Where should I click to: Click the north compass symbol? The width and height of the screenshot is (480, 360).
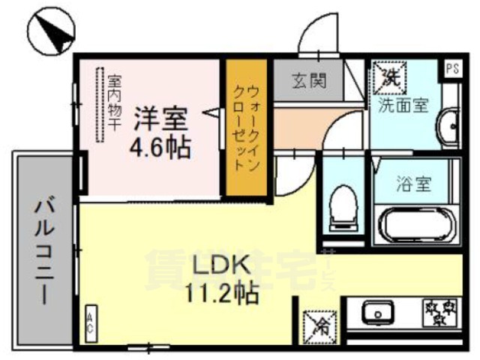[51, 31]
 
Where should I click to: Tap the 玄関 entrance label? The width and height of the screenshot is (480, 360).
[309, 80]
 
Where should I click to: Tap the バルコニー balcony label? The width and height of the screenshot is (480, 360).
[41, 251]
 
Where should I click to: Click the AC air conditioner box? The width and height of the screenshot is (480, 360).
[90, 327]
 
